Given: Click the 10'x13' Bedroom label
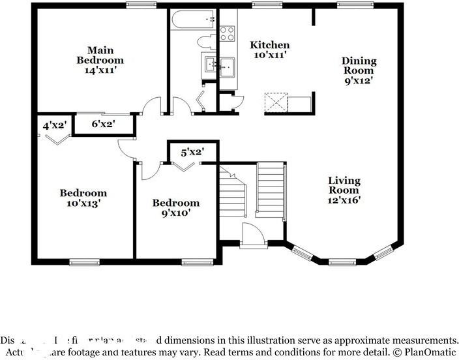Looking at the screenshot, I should coord(83,198).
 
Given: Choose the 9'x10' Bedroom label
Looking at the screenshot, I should coord(176,207).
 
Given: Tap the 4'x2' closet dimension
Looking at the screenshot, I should coord(55,125).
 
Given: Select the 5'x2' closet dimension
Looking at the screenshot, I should coord(192,152).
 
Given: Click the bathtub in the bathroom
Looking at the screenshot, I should coord(193,21).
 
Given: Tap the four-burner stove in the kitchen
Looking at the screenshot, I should coord(227,34).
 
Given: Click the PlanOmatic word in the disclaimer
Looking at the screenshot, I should coord(427,353).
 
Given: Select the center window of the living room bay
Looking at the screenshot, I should coord(340,262).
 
